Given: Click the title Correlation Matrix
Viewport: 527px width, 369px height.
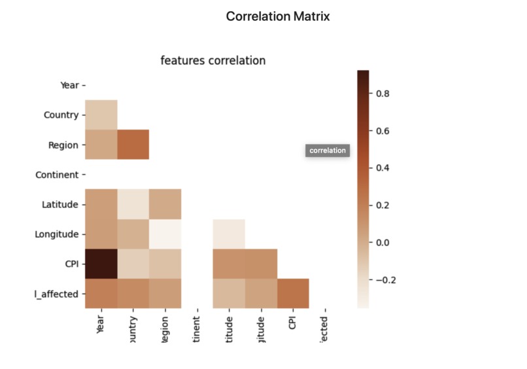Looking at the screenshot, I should tap(278, 16).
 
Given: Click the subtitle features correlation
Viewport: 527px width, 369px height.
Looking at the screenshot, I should tap(213, 60).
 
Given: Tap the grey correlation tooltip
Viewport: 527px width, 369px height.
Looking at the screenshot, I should tap(328, 150).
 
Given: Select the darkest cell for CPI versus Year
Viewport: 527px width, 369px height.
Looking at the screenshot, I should tap(101, 263).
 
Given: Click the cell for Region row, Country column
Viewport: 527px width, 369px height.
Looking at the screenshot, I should tap(133, 145).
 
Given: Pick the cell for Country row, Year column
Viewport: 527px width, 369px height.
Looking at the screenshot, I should tap(101, 114).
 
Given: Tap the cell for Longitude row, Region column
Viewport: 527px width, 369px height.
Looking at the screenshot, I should tap(165, 234).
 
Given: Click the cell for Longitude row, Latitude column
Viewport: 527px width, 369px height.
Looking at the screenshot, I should tap(229, 234).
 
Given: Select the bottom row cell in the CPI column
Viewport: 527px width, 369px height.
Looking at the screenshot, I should tap(292, 293).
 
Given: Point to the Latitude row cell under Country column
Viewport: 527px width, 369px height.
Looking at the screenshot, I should tap(133, 204).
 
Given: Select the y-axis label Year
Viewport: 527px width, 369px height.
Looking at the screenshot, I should tap(69, 85).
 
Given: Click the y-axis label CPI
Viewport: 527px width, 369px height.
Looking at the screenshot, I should tap(71, 264).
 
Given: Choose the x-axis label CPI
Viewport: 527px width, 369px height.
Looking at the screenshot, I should tap(292, 323).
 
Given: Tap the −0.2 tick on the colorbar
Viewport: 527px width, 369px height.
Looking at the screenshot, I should tap(382, 279).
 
